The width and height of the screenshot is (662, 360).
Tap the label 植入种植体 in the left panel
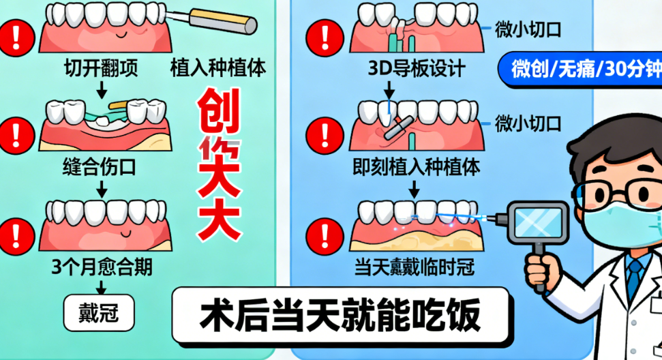217,68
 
